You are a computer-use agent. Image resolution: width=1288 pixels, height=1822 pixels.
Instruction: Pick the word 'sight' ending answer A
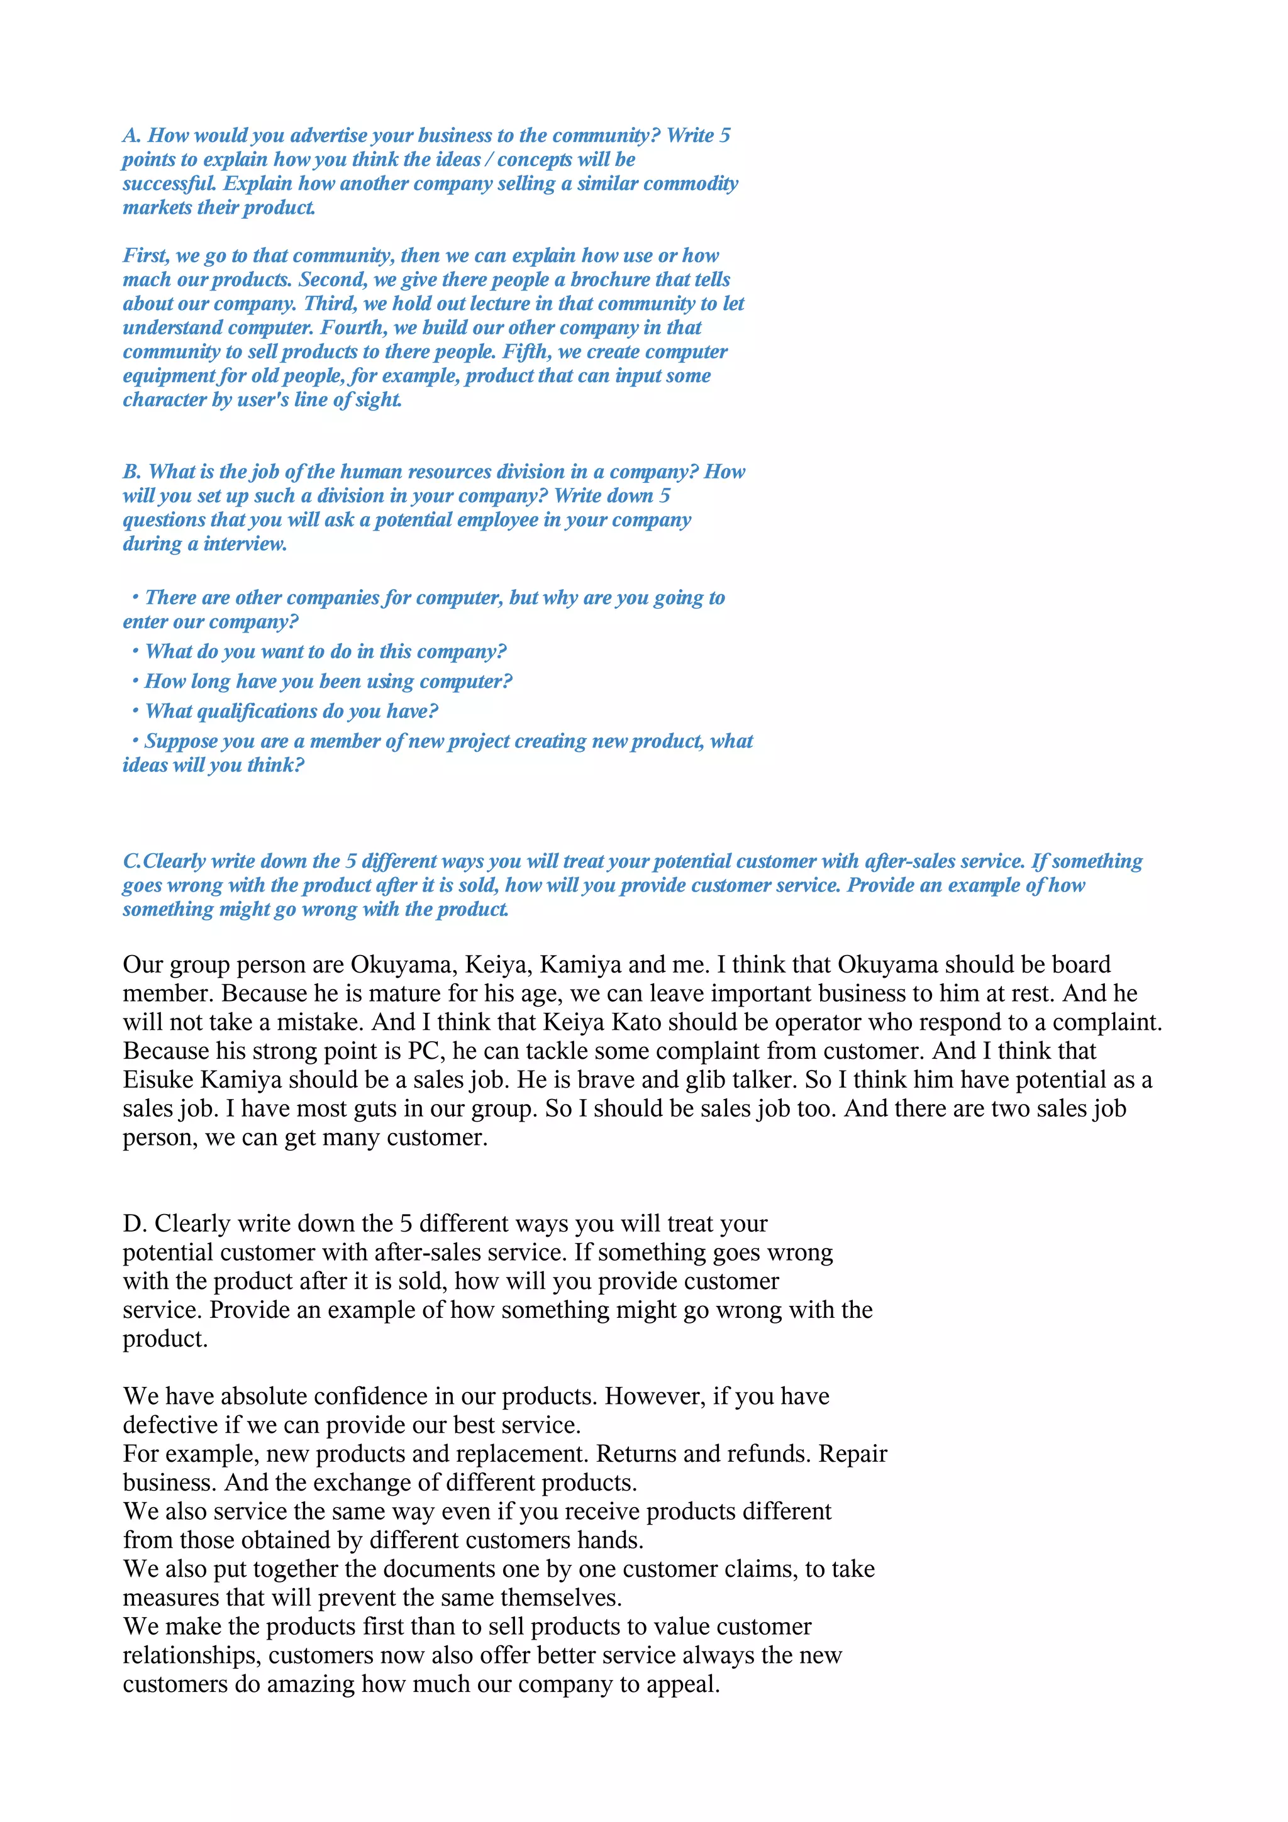click(379, 400)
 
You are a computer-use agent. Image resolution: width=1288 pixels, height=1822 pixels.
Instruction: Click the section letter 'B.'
click(131, 472)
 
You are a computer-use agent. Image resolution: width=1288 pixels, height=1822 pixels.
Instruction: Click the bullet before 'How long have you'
click(136, 681)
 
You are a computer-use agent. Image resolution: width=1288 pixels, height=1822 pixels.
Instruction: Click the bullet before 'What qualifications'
click(136, 711)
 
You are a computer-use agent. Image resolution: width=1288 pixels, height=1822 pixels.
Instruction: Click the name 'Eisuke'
click(158, 1080)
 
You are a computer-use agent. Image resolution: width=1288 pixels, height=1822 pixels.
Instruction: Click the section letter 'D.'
click(135, 1223)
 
